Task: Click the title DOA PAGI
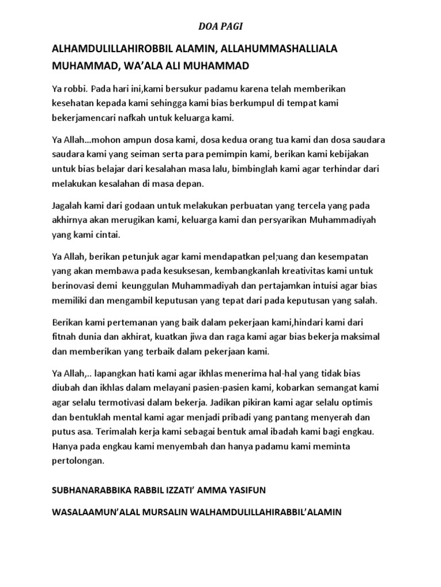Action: (x=220, y=26)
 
